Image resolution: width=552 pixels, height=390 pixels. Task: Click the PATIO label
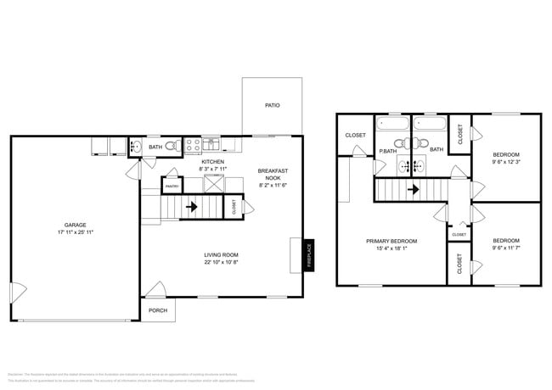tap(272, 106)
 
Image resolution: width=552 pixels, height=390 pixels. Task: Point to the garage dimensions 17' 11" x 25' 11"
tap(75, 232)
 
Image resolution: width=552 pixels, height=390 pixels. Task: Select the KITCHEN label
tap(212, 161)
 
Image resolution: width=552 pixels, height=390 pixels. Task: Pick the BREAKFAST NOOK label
tap(273, 175)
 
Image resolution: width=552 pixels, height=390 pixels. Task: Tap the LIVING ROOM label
tap(221, 254)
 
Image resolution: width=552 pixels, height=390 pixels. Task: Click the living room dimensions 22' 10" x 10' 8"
tap(221, 262)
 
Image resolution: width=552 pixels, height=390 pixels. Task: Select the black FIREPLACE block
tap(309, 255)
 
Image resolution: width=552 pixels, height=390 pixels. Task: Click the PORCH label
tap(158, 310)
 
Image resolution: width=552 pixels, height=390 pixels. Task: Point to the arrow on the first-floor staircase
tap(191, 205)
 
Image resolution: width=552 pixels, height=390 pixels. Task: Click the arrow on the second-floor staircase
tap(413, 189)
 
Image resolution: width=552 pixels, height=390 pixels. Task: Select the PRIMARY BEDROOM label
tap(391, 241)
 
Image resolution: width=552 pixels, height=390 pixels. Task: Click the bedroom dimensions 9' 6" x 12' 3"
tap(506, 161)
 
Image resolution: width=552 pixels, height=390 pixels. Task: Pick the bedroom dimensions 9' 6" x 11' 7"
tap(506, 248)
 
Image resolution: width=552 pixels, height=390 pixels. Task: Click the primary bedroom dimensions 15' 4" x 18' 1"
tap(391, 248)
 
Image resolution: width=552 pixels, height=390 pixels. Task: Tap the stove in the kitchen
tap(193, 143)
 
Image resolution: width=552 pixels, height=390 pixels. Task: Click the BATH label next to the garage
tap(155, 148)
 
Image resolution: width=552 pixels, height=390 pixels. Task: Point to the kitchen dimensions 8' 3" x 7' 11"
tap(212, 169)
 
